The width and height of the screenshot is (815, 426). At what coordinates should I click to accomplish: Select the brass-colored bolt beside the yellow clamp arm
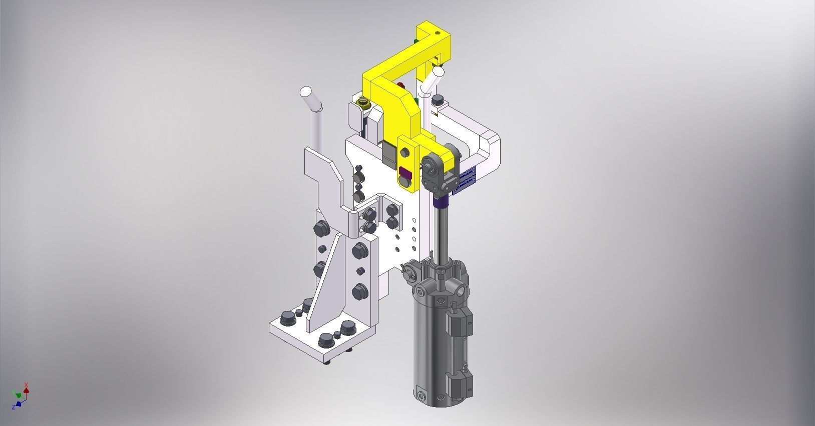[x=362, y=103]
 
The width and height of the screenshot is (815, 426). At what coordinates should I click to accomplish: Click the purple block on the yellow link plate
[x=405, y=174]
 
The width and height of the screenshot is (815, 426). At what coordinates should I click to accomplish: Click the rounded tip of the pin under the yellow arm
[x=438, y=72]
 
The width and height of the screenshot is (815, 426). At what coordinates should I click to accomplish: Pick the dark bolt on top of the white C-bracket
[x=439, y=98]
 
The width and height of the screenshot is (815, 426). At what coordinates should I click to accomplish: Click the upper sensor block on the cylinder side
[x=461, y=322]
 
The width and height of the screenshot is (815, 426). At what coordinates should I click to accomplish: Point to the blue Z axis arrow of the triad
[x=19, y=403]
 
